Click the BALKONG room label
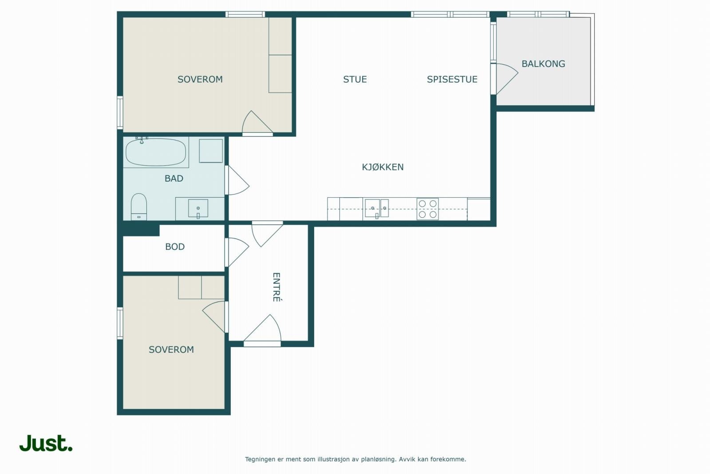click(x=543, y=64)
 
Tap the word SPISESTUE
click(x=452, y=80)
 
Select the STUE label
click(x=355, y=80)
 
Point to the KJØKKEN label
click(x=383, y=167)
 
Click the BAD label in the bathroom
click(x=174, y=179)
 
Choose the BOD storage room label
click(x=175, y=247)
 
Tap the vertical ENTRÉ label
click(x=276, y=287)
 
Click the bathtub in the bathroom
click(x=156, y=152)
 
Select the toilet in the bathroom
click(x=139, y=207)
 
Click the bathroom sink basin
click(x=198, y=208)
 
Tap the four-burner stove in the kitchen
click(x=428, y=209)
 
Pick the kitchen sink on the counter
click(x=377, y=208)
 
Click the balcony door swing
click(x=506, y=79)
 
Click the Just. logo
click(x=46, y=443)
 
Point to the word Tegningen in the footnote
click(x=260, y=459)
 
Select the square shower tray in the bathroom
click(x=211, y=151)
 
